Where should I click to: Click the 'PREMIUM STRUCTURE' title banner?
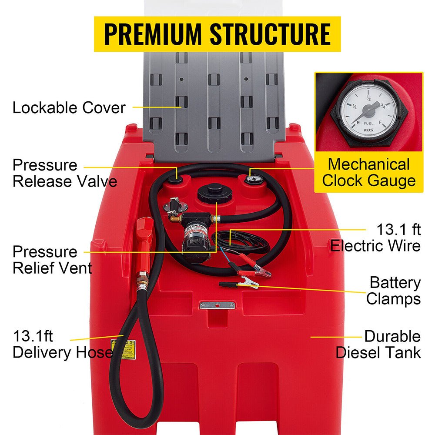click(x=217, y=34)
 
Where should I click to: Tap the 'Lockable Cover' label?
click(x=69, y=107)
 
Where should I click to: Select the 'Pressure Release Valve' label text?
click(x=64, y=173)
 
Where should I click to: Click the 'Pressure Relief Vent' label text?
click(x=52, y=259)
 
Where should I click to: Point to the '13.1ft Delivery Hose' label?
click(x=61, y=344)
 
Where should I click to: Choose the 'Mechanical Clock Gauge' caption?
click(x=368, y=172)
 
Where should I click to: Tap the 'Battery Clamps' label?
click(x=394, y=291)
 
